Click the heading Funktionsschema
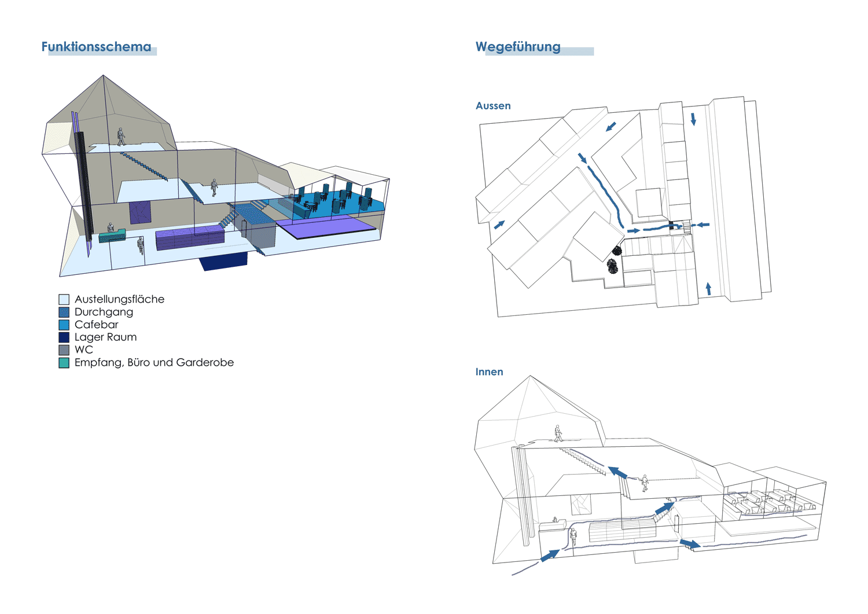click(96, 46)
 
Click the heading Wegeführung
click(518, 47)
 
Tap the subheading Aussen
click(493, 105)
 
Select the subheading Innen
click(489, 372)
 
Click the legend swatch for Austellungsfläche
click(64, 299)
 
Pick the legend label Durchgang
click(104, 312)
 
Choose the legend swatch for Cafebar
click(64, 325)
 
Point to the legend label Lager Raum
click(105, 337)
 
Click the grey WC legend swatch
click(64, 350)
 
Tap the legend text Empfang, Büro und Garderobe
click(155, 362)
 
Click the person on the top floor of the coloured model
click(122, 137)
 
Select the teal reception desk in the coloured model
click(112, 236)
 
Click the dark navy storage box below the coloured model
click(223, 261)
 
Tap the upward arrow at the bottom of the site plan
click(709, 288)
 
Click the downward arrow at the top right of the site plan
click(693, 119)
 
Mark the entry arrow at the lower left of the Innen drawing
click(550, 555)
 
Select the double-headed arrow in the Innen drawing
click(690, 543)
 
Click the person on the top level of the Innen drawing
click(558, 433)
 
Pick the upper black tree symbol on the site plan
click(617, 251)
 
